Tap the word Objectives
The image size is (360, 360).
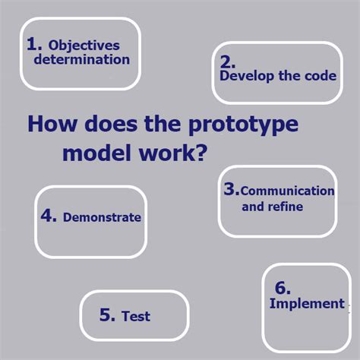point(89,45)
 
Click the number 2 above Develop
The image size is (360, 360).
point(227,61)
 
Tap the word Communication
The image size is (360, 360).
point(287,191)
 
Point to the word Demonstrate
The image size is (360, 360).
point(102,217)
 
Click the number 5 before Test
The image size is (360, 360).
point(107,315)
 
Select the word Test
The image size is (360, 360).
point(136,316)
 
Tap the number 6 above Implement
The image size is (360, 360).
point(282,288)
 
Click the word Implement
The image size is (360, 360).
point(307,304)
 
